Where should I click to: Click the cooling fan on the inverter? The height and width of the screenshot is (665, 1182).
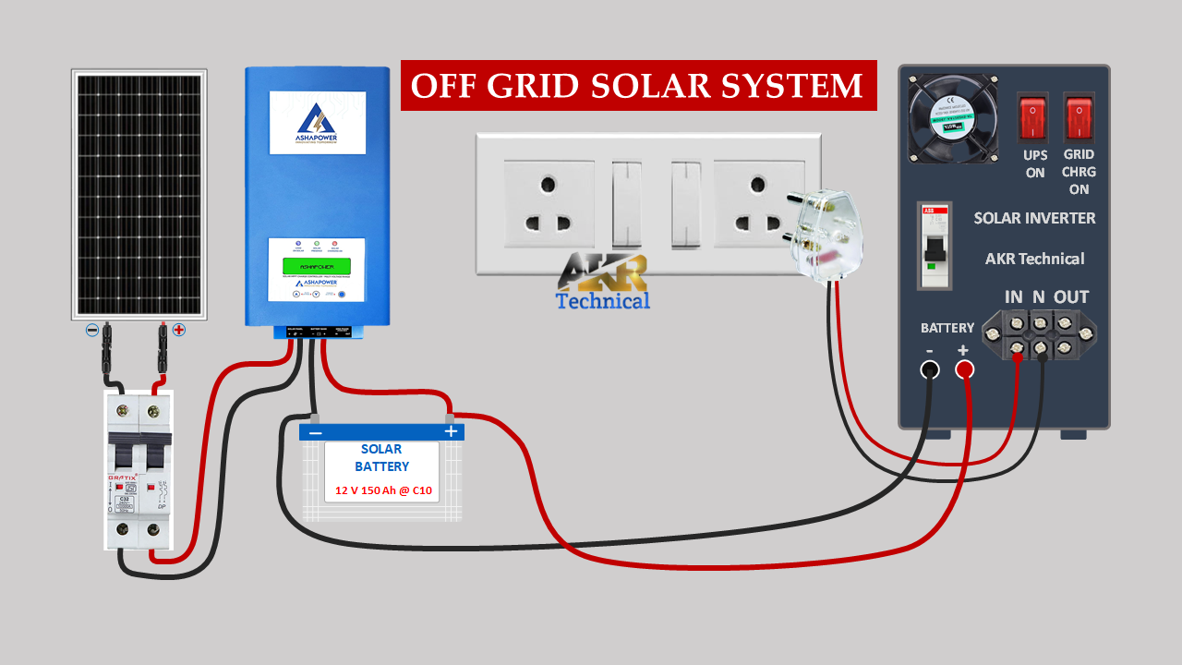(x=954, y=119)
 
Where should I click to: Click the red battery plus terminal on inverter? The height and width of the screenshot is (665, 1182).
(x=964, y=369)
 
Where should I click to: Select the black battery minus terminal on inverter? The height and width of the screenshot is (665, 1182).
(x=930, y=369)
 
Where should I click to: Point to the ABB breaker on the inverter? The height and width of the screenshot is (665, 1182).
(x=935, y=245)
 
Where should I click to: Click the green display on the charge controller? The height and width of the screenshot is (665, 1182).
(x=316, y=266)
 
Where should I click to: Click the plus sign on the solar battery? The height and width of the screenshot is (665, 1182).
(x=451, y=431)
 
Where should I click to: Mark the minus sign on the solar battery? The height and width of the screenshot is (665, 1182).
(x=315, y=432)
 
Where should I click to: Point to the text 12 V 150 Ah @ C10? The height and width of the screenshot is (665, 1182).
(x=383, y=490)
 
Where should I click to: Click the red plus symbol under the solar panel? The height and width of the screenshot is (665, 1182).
(x=178, y=330)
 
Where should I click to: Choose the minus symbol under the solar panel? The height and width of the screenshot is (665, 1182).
(x=92, y=330)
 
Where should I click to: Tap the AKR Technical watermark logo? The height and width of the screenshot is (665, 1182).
(x=603, y=282)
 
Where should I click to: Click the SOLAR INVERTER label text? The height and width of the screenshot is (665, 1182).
(x=1034, y=218)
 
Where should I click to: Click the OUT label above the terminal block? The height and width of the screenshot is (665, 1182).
(x=1071, y=296)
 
